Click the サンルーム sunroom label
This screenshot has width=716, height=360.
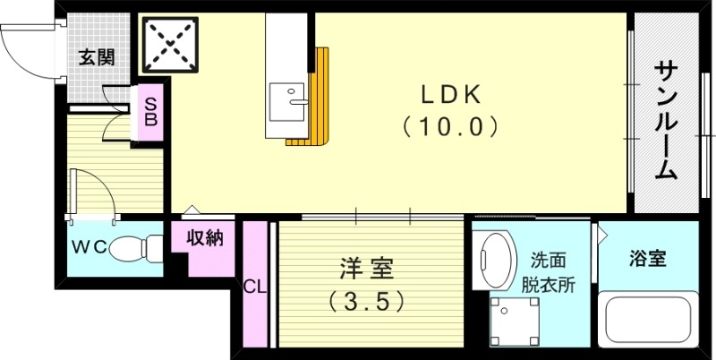665,121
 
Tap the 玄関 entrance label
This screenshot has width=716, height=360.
97,58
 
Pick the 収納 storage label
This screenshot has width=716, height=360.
205,238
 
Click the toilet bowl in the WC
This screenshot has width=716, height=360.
134,244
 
